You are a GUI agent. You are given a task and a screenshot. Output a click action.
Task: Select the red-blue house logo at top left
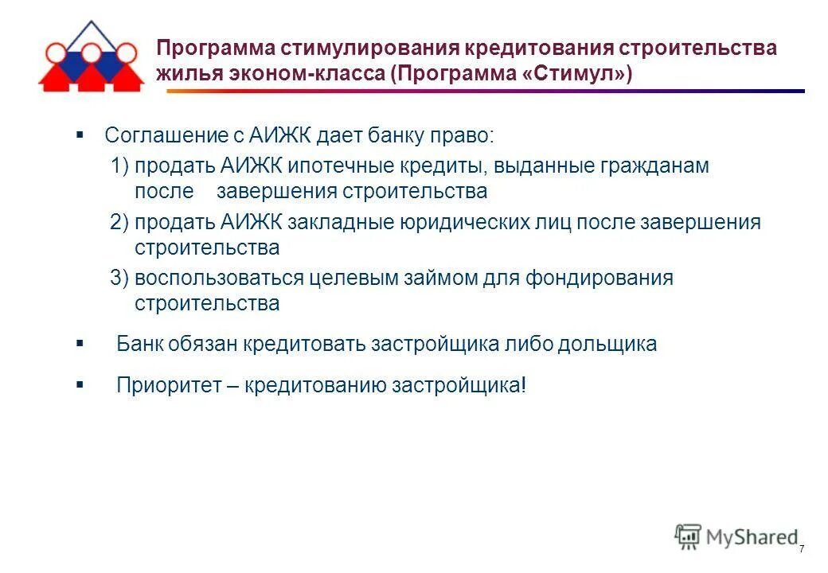90,58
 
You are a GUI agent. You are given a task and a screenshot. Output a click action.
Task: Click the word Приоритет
164,386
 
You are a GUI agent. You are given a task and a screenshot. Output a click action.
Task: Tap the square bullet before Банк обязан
80,343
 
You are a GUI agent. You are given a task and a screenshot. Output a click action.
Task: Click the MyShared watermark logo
736,536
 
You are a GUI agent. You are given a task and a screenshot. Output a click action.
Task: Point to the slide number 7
801,550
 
